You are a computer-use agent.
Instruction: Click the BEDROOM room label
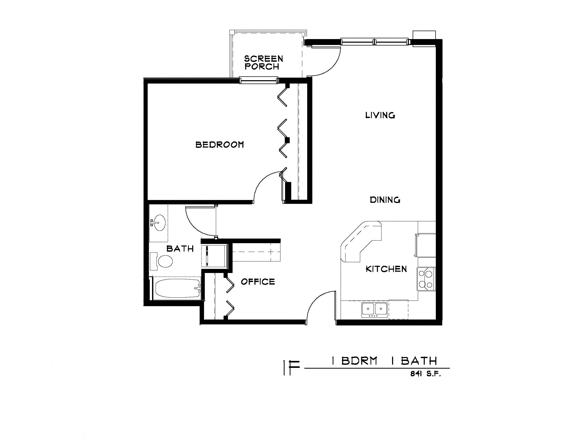[219, 144]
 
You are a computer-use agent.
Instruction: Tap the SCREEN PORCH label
[263, 63]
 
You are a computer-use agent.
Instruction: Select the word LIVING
[380, 115]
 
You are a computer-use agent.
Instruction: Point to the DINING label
[385, 200]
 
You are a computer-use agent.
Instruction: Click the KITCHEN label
[386, 269]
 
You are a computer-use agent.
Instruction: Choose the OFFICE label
[258, 282]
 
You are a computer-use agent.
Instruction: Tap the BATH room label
[180, 249]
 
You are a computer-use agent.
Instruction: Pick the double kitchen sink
[375, 309]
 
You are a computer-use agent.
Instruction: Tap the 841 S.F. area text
[425, 374]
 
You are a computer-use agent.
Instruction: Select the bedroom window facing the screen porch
[258, 80]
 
